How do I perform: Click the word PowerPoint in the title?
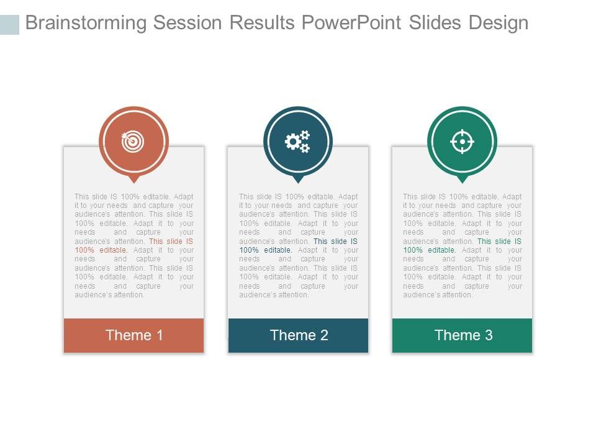(351, 23)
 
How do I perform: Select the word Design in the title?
(499, 23)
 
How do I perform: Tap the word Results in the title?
(263, 23)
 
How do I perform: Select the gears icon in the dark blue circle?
(297, 142)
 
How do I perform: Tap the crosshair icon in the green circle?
(462, 142)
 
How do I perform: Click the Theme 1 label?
(134, 335)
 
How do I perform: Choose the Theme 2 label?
(299, 335)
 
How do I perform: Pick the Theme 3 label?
(463, 335)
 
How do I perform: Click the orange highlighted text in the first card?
(171, 242)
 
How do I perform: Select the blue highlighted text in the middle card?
(335, 242)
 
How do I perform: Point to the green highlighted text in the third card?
(499, 242)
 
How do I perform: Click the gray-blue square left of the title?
(9, 24)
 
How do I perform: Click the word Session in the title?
(188, 23)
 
